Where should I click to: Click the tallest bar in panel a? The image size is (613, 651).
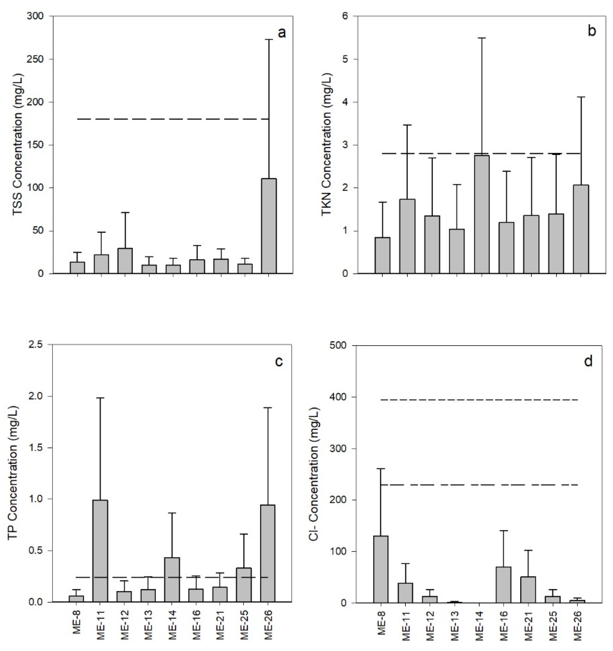269,226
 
